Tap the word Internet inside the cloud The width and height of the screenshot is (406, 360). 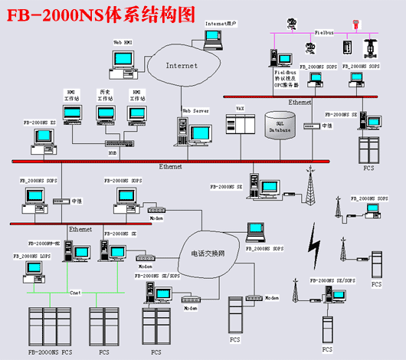[x=182, y=66]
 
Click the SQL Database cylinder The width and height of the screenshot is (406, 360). [x=280, y=126]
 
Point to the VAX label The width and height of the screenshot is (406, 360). [x=240, y=109]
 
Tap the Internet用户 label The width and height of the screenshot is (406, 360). [x=221, y=24]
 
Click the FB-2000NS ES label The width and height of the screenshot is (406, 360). [x=39, y=122]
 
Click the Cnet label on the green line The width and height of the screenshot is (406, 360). [x=76, y=293]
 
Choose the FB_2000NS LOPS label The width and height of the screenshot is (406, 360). [x=34, y=255]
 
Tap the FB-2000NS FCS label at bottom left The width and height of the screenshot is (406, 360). [x=51, y=352]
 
